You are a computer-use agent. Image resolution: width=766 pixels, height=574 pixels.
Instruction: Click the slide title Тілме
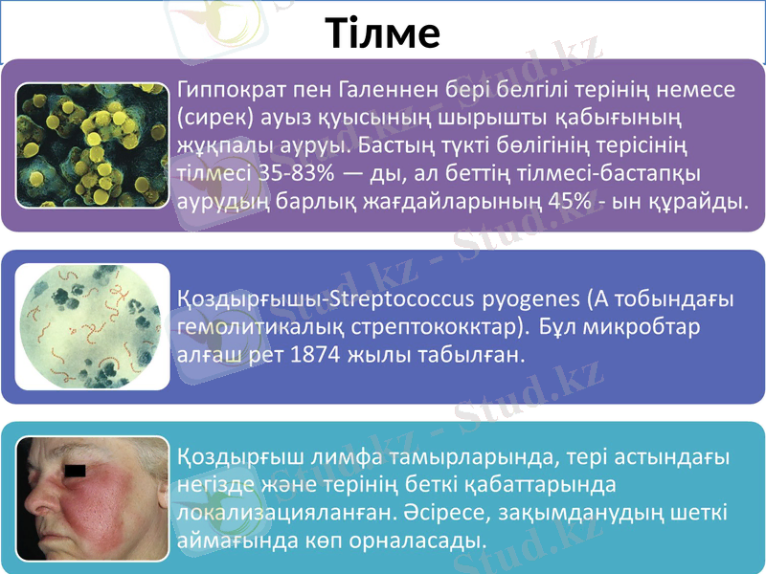[383, 33]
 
